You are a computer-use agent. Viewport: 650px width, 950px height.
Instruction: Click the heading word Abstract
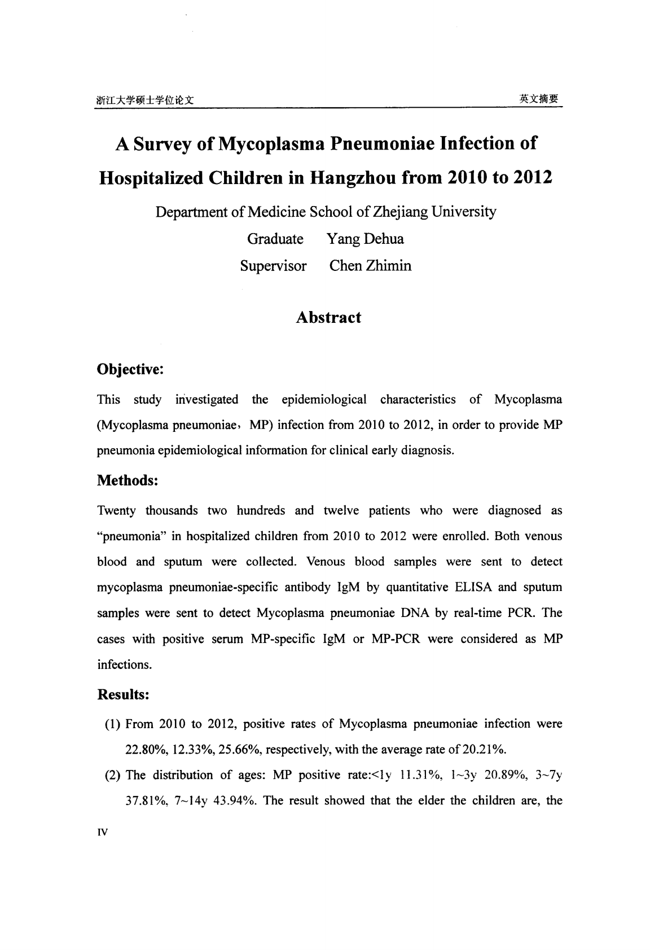coord(328,317)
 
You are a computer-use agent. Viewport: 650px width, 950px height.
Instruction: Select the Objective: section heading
coord(130,370)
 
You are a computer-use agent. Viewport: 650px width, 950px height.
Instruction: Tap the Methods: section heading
coord(127,480)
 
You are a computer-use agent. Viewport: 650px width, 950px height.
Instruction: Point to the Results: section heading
coord(123,694)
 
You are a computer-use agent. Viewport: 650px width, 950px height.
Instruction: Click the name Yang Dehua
coord(365,239)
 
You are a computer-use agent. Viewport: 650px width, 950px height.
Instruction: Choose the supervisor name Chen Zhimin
coord(370,265)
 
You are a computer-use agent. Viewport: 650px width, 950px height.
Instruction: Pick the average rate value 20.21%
coord(484,750)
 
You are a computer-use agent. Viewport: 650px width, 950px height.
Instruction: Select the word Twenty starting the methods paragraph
coord(116,511)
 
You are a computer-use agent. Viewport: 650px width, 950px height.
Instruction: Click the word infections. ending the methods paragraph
coord(125,664)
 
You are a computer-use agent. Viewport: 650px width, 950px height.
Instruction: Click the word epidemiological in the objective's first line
coord(324,400)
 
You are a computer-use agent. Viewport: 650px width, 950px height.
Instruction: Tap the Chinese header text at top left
coord(145,100)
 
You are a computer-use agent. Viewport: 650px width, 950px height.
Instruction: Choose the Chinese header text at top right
coord(538,98)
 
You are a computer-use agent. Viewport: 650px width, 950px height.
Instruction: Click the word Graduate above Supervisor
coord(275,239)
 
